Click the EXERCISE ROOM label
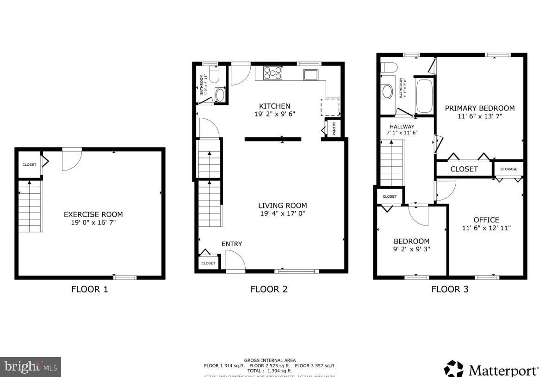(93, 214)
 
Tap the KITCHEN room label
(274, 106)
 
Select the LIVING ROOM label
(282, 206)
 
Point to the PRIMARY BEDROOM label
(479, 108)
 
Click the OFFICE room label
(486, 220)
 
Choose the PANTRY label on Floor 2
(334, 128)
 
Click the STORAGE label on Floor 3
(508, 169)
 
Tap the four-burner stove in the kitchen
(272, 73)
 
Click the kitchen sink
(310, 74)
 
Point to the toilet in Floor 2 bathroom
(214, 74)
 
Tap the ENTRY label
(232, 244)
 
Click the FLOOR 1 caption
(89, 290)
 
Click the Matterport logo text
(503, 370)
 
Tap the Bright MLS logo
(30, 367)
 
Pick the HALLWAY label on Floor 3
(402, 127)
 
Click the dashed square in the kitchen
(330, 107)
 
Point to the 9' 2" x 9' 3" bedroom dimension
(411, 249)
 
